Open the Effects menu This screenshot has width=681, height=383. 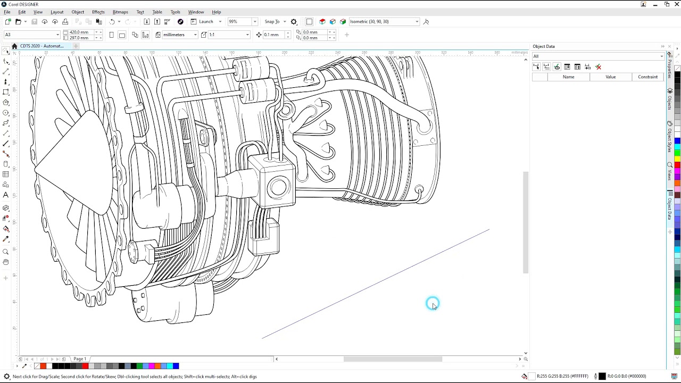click(x=98, y=12)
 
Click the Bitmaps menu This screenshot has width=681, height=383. click(x=120, y=12)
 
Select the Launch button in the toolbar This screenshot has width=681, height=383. click(x=206, y=22)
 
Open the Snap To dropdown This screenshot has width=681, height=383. click(x=275, y=22)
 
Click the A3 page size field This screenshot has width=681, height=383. click(x=31, y=35)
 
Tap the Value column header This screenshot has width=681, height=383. click(x=610, y=77)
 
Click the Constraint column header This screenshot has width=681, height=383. click(x=647, y=77)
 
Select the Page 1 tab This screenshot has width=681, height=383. click(x=80, y=359)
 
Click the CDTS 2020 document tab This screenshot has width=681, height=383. click(x=41, y=46)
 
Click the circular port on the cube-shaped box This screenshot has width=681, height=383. click(x=278, y=187)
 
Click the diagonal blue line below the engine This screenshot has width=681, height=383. click(x=375, y=284)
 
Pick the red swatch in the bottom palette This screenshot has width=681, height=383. click(x=85, y=366)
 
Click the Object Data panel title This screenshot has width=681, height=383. click(x=544, y=46)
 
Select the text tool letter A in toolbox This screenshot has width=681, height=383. click(x=6, y=195)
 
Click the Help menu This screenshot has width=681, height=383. click(x=216, y=12)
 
